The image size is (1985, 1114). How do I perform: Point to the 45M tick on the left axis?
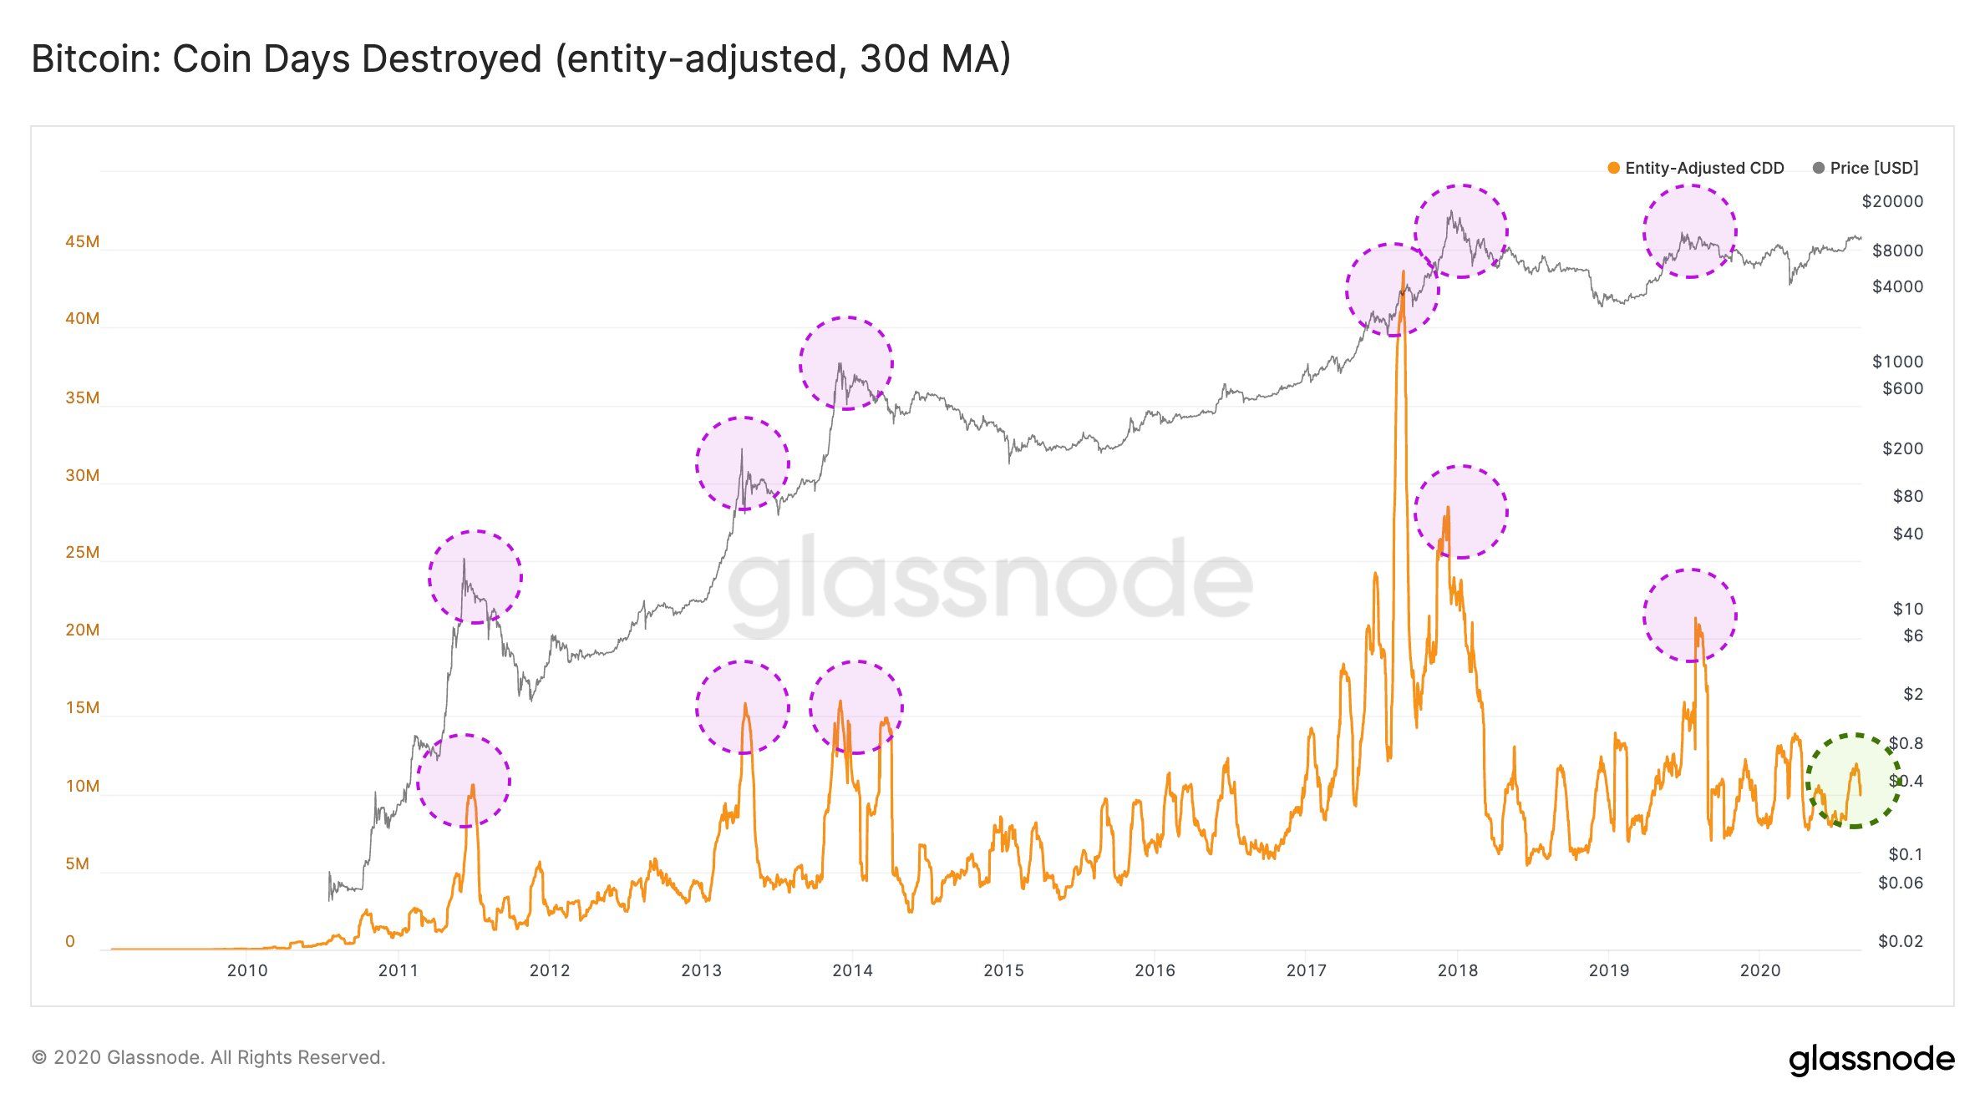pyautogui.click(x=82, y=242)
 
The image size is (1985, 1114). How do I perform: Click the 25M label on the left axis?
pyautogui.click(x=82, y=552)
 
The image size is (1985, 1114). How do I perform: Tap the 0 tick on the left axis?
pyautogui.click(x=70, y=941)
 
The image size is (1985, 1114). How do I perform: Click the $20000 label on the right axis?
pyautogui.click(x=1892, y=201)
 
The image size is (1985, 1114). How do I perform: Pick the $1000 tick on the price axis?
pyautogui.click(x=1896, y=362)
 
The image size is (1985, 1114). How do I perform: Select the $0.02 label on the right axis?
pyautogui.click(x=1900, y=941)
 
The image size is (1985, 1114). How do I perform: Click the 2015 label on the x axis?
pyautogui.click(x=1003, y=970)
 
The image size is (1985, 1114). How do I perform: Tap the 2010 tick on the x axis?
pyautogui.click(x=247, y=970)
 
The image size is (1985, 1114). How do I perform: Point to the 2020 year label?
pyautogui.click(x=1759, y=970)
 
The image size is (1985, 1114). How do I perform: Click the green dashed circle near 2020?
pyautogui.click(x=1853, y=781)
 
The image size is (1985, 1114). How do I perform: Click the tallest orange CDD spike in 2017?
pyautogui.click(x=1403, y=276)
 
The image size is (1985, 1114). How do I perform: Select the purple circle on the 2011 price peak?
pyautogui.click(x=475, y=577)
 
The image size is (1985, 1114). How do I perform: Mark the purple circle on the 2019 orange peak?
pyautogui.click(x=1689, y=615)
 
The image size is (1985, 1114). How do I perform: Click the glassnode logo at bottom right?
pyautogui.click(x=1871, y=1059)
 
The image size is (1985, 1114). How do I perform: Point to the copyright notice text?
pyautogui.click(x=208, y=1057)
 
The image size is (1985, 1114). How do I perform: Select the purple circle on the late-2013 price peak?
pyautogui.click(x=845, y=363)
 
